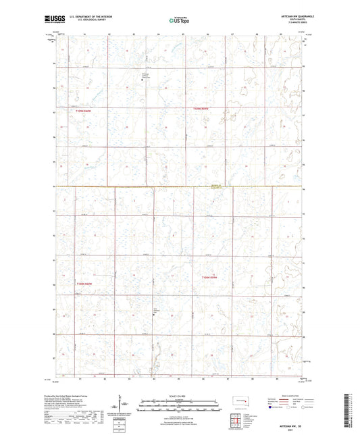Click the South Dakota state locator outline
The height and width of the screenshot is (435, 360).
coord(237,400)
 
